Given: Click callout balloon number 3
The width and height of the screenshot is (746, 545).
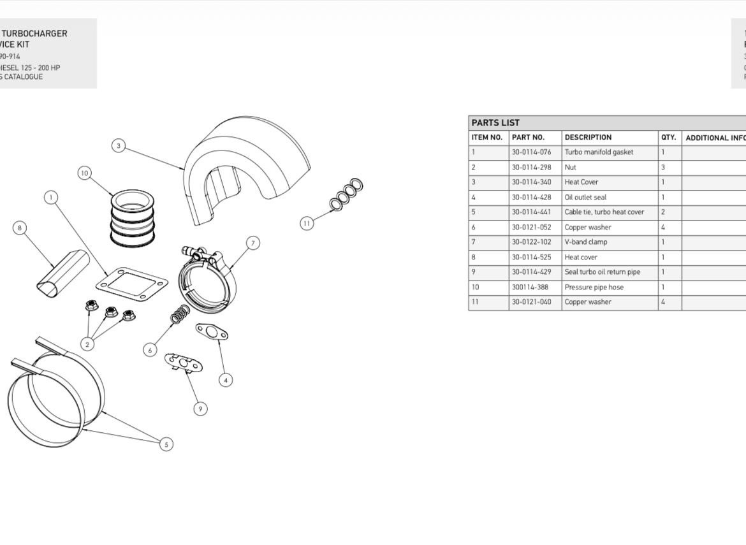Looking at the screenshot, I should tap(118, 146).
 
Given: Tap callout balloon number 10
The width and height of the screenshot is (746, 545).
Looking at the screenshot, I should tap(85, 173).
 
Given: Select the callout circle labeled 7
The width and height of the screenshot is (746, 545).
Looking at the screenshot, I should tap(253, 243).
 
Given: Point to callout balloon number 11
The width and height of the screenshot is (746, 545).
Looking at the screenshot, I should tap(307, 223).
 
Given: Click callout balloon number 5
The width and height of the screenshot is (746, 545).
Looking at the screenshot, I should tap(166, 444).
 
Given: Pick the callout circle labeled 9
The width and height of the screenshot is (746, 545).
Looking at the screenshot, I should tap(201, 409).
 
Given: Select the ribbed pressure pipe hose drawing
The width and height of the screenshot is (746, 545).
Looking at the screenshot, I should tap(133, 218).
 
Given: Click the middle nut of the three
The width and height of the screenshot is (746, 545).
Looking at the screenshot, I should tap(111, 311).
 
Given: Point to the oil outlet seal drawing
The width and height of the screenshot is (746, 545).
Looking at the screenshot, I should tap(212, 331).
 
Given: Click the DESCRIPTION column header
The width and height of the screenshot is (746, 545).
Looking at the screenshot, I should tap(588, 138).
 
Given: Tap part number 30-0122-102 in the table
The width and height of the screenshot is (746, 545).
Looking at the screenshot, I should tap(531, 242).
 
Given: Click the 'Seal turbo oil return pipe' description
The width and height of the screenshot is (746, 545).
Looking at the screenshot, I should tap(602, 272).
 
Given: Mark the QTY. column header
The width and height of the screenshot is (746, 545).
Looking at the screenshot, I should tap(668, 138).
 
